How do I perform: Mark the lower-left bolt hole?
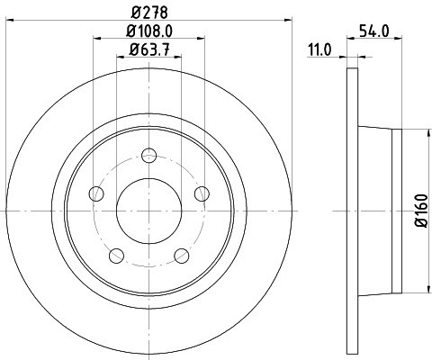click(116, 256)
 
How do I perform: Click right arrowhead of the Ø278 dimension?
click(289, 18)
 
